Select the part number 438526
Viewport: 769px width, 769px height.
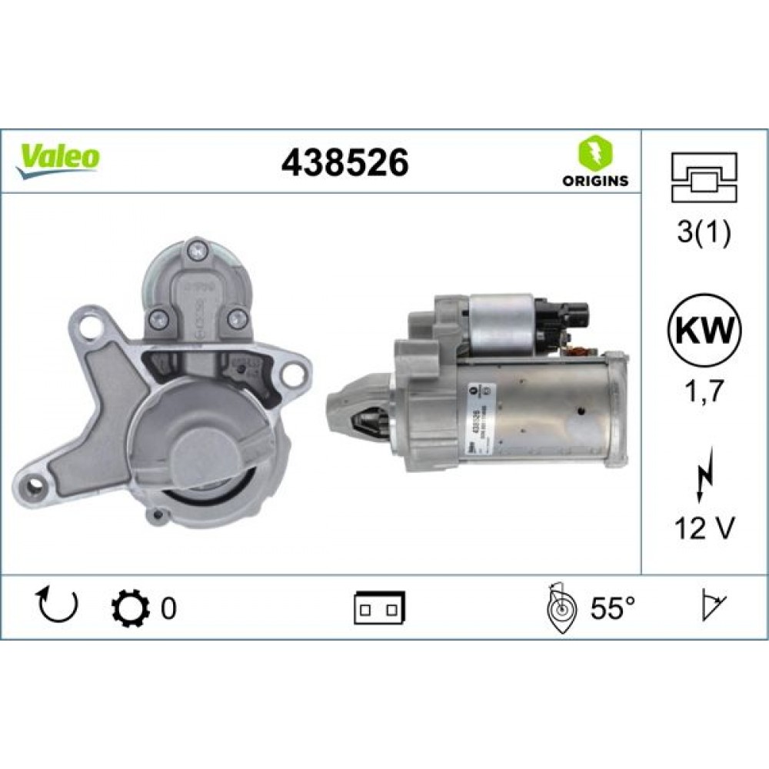345,162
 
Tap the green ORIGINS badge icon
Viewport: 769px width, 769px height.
594,151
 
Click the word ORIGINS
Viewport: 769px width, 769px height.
594,182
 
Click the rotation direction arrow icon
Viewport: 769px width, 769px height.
58,607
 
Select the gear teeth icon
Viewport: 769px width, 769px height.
127,608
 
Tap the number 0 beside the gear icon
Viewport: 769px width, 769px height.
168,609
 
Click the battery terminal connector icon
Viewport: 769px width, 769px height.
380,608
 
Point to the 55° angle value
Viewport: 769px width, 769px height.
612,609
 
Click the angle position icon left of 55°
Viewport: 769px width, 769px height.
562,609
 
